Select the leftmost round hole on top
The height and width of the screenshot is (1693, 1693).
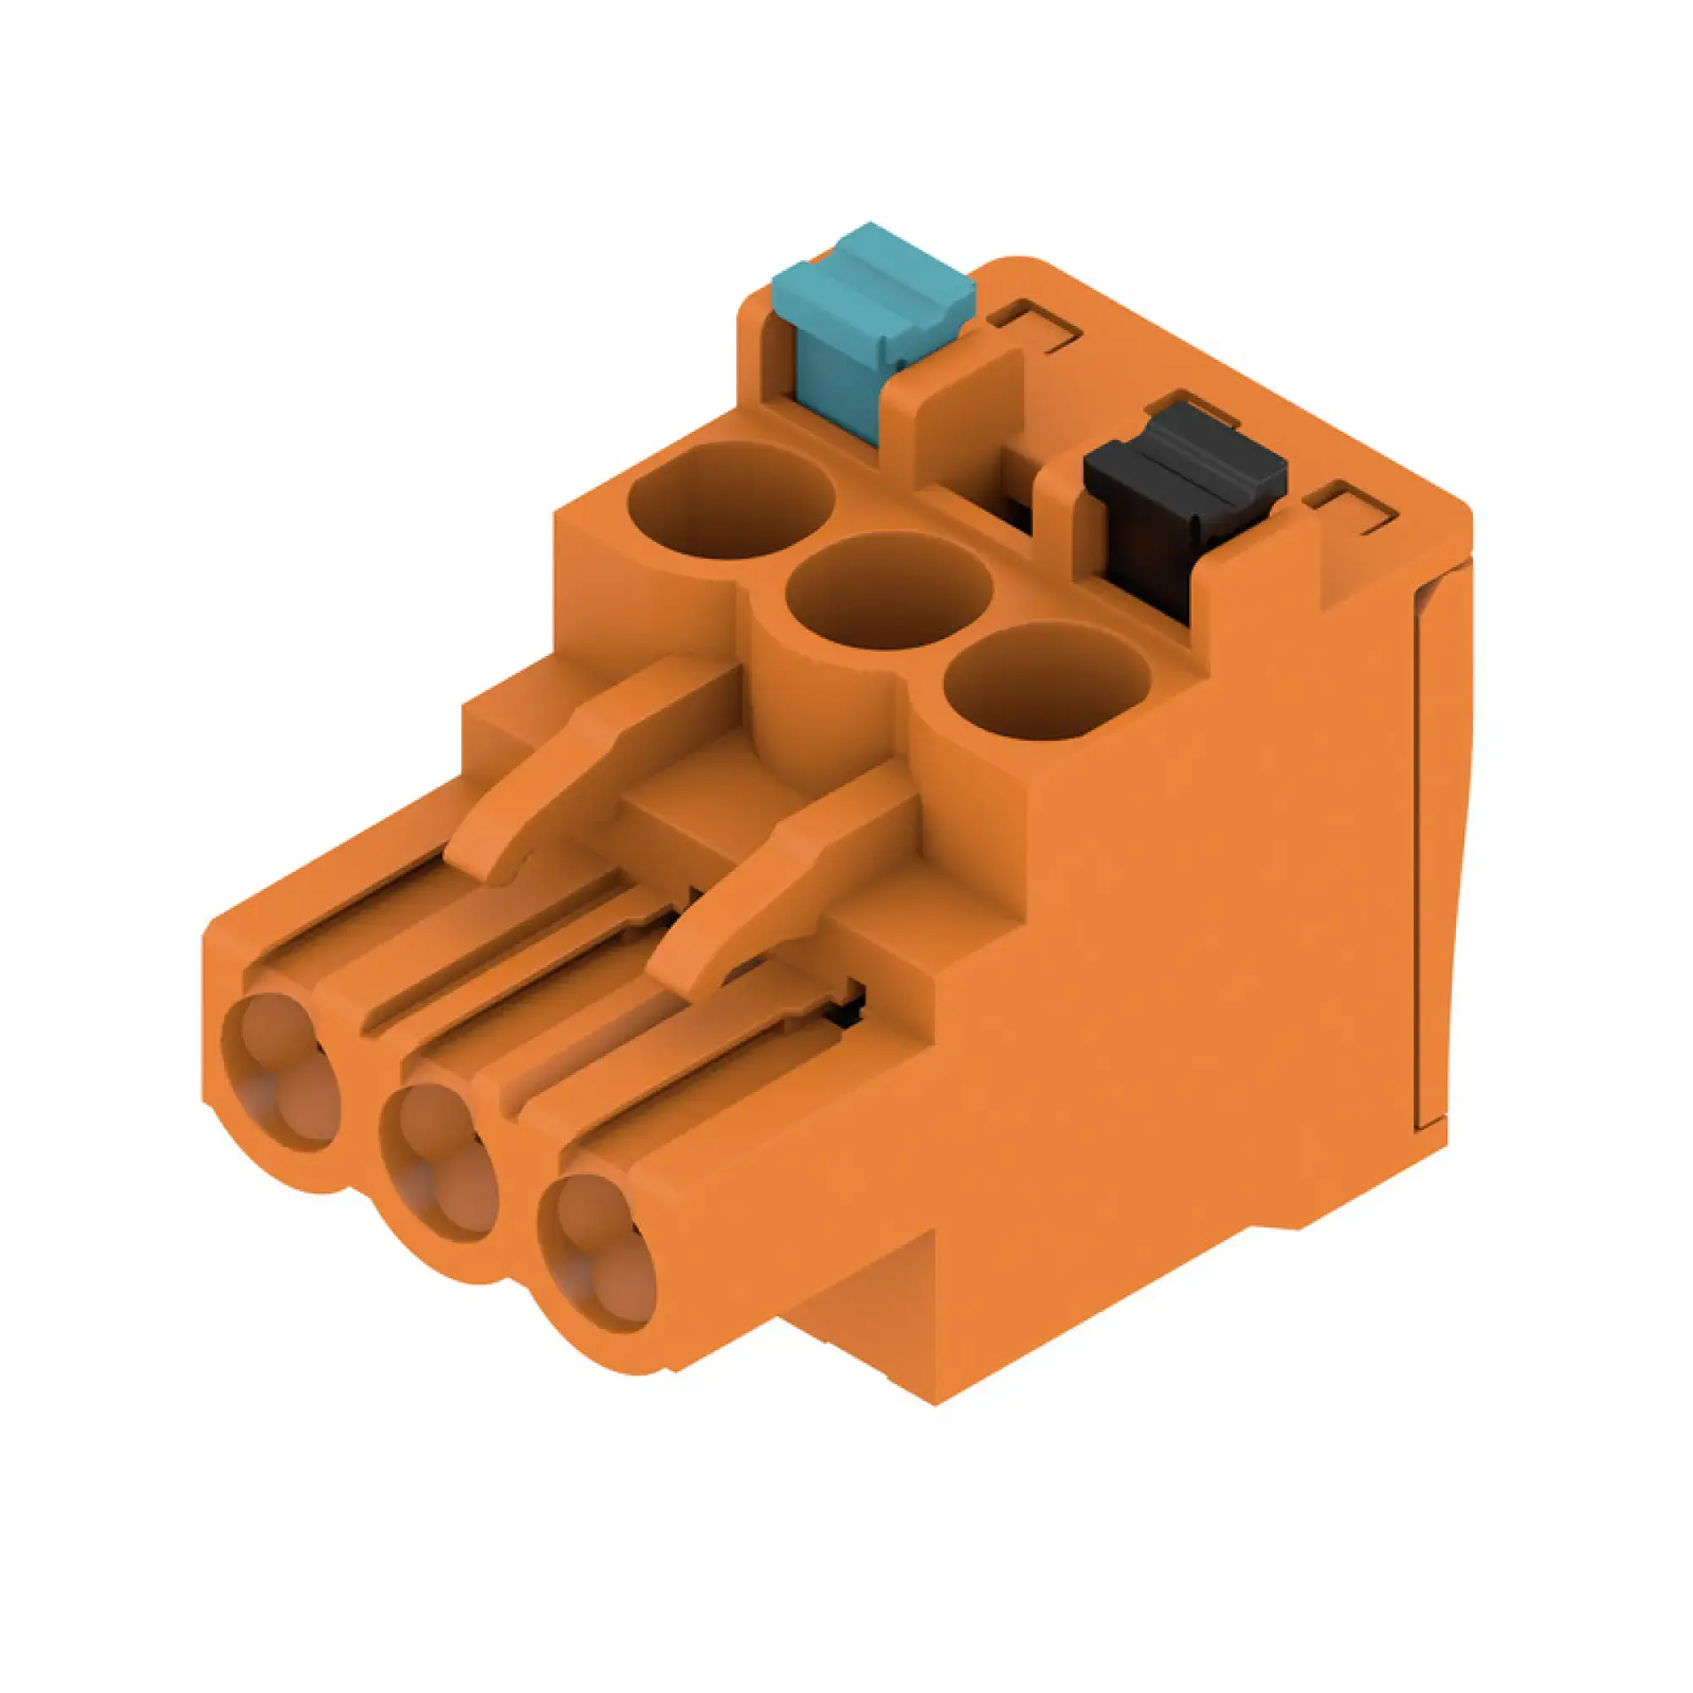(x=730, y=500)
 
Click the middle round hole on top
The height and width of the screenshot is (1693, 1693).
(x=888, y=593)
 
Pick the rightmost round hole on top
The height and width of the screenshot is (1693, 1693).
(x=1046, y=681)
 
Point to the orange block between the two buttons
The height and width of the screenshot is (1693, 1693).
(x=955, y=412)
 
